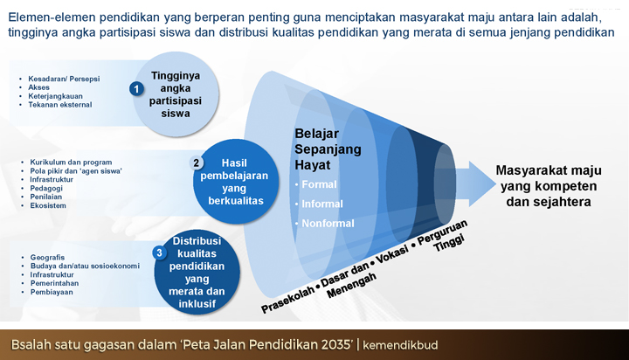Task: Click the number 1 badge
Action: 137,89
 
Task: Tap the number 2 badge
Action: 197,163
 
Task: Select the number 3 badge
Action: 159,253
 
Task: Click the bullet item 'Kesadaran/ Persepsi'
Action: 64,79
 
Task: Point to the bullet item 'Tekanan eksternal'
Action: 59,105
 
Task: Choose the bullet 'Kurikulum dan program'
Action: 71,163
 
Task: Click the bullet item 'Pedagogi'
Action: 46,188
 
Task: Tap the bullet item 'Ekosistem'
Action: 48,205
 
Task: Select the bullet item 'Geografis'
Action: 47,257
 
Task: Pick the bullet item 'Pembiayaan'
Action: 52,292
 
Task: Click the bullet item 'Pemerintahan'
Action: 54,283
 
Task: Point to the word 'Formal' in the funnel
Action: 319,184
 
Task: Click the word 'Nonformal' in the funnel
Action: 328,223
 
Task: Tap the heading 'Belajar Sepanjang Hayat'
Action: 328,149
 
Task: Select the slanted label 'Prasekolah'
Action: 287,300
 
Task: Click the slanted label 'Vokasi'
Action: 392,254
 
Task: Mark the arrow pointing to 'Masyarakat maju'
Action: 475,184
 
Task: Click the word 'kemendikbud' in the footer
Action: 400,345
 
